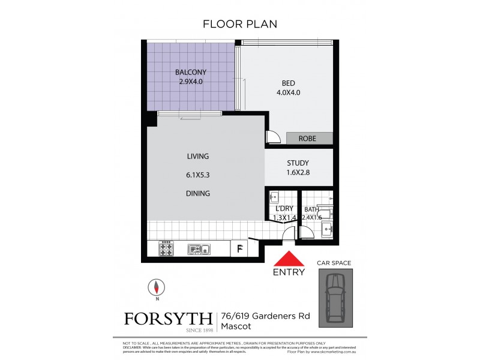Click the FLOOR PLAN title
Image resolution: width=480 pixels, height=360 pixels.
pos(239,24)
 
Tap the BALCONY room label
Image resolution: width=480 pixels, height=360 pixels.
pos(191,73)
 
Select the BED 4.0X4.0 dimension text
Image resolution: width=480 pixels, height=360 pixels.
pos(287,92)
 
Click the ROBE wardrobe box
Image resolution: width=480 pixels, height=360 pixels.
pos(309,139)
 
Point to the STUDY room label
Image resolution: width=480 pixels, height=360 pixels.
pos(298,163)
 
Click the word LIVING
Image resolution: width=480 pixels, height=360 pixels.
pos(197,156)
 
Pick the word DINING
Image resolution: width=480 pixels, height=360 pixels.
pos(197,193)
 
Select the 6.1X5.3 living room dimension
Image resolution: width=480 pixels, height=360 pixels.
pos(197,175)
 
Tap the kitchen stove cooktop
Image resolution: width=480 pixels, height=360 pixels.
pos(166,248)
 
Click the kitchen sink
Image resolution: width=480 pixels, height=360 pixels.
pos(197,248)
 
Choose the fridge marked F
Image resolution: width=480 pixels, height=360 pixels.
pos(239,248)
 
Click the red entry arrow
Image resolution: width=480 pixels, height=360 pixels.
pos(289,259)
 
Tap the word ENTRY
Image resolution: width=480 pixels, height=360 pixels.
pos(289,272)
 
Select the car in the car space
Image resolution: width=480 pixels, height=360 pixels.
pos(335,297)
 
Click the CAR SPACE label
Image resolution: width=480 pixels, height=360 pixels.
pos(334,263)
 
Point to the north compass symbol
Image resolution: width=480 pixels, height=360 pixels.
pos(156,288)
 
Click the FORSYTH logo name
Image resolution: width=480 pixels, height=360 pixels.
pos(167,318)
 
